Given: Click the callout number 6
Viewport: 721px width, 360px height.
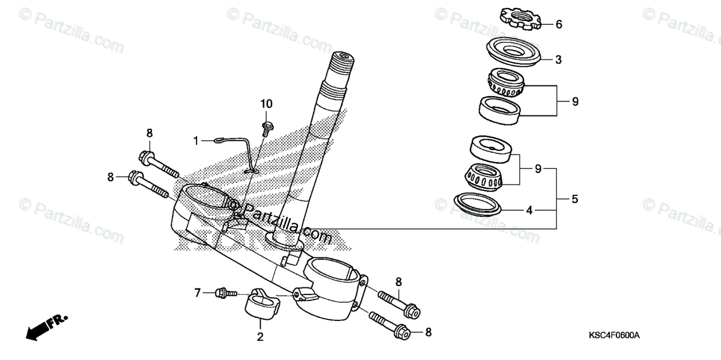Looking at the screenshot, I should tap(559, 25).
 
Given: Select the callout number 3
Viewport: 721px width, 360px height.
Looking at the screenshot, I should tap(558, 59).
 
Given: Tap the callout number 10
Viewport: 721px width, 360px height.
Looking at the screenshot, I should tap(266, 105).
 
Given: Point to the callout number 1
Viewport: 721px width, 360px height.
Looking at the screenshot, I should tap(196, 141).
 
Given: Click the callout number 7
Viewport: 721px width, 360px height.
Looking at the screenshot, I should tap(196, 293).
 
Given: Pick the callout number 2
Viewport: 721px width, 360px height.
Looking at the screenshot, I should tap(260, 337).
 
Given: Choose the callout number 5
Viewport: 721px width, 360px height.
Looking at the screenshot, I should tap(575, 199).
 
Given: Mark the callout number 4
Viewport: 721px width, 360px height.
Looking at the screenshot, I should tap(529, 210).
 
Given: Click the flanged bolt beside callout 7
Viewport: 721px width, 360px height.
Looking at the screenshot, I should tap(224, 293).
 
